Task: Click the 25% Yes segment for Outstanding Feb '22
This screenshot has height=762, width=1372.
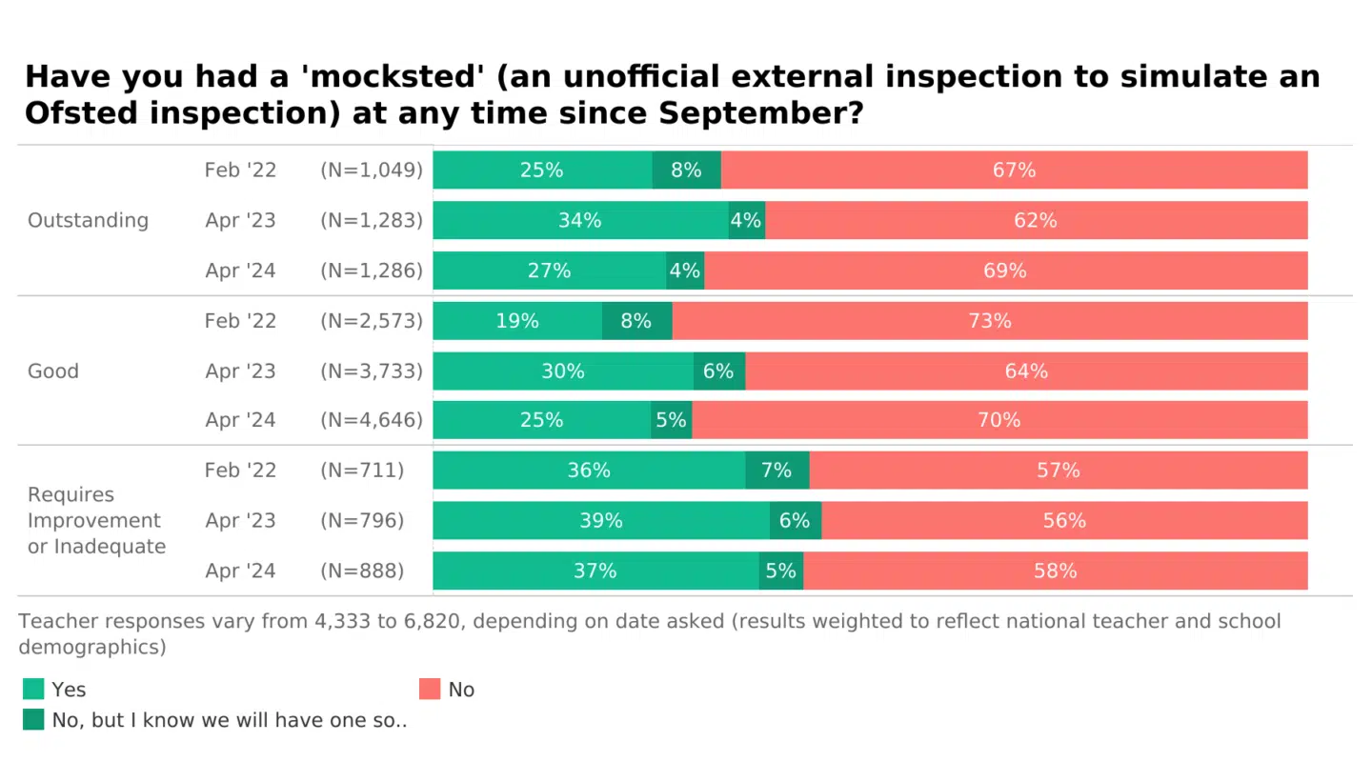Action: (x=542, y=170)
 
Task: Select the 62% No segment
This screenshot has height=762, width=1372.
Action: (x=1036, y=220)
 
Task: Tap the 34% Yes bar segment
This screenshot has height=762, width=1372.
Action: (x=580, y=220)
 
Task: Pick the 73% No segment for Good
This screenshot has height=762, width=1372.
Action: (x=989, y=321)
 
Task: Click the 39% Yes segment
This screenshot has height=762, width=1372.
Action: (x=601, y=520)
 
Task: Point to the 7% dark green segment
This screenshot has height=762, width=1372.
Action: (x=777, y=471)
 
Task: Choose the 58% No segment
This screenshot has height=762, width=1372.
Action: (x=1055, y=571)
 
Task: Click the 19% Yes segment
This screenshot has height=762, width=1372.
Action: (x=517, y=321)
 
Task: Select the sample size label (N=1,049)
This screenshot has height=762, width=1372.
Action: (x=372, y=170)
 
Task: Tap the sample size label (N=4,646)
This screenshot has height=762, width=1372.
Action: (x=372, y=420)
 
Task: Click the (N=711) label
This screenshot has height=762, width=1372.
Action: (x=362, y=471)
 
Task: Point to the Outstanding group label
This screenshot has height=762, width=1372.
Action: (x=88, y=220)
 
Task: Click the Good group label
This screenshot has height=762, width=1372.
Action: (x=53, y=371)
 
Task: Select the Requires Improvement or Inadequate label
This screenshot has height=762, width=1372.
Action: (x=96, y=520)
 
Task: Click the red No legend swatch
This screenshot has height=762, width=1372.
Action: (x=430, y=689)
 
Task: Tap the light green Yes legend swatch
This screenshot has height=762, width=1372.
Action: (x=33, y=689)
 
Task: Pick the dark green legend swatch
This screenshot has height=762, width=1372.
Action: (x=33, y=720)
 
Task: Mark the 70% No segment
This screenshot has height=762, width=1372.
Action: (x=999, y=420)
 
